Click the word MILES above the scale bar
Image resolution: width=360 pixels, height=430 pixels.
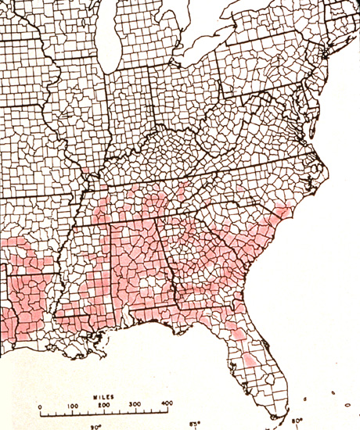pyautogui.click(x=103, y=398)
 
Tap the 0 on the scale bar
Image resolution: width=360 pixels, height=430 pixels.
pyautogui.click(x=41, y=406)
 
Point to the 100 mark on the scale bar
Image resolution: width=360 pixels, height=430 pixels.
pyautogui.click(x=72, y=406)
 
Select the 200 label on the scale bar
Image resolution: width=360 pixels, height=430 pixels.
pyautogui.click(x=104, y=406)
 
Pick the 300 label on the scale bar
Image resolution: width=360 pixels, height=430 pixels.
pyautogui.click(x=135, y=406)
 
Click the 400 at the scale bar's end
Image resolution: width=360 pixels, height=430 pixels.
pyautogui.click(x=167, y=405)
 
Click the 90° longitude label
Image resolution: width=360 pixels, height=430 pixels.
pyautogui.click(x=95, y=426)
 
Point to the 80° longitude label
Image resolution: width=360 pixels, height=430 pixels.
pyautogui.click(x=297, y=421)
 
